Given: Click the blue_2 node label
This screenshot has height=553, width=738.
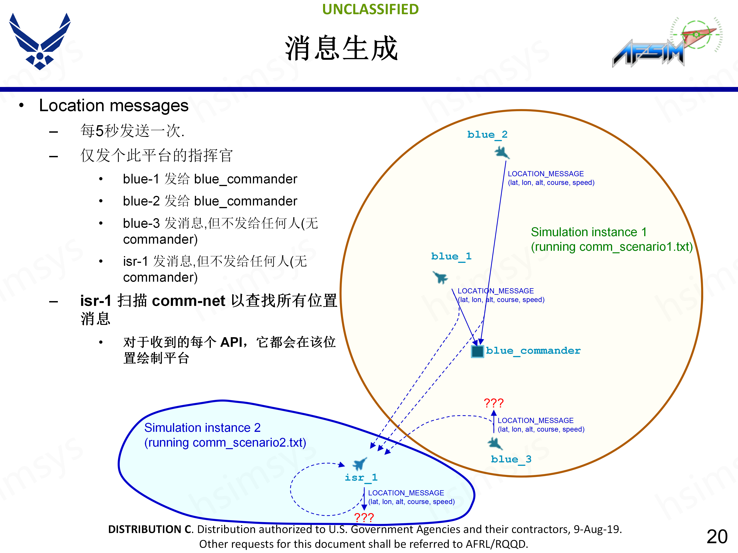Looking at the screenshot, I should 487,135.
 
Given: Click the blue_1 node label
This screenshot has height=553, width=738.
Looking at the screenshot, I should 451,256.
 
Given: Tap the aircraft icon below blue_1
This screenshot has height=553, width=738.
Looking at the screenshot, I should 440,277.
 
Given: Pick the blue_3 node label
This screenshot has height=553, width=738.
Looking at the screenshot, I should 511,459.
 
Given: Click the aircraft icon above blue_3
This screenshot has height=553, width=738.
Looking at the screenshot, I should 495,443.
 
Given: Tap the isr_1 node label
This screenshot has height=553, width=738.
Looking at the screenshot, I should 361,478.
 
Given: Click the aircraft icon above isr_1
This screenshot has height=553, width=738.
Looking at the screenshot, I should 360,463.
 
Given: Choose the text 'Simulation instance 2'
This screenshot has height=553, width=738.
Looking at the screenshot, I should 202,428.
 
